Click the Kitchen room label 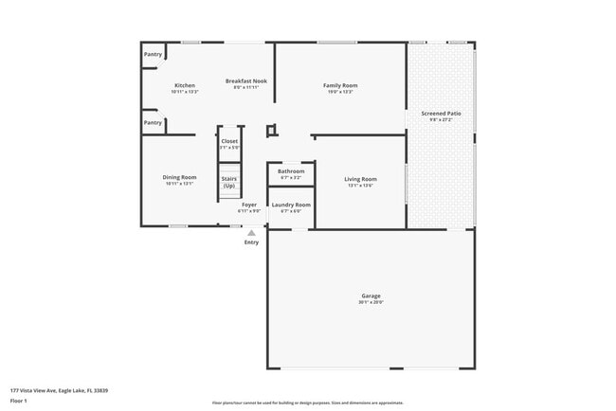click(184, 85)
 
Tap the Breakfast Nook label click(245, 80)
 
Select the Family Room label click(340, 85)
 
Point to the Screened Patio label click(442, 114)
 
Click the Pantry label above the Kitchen click(153, 55)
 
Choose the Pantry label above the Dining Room click(153, 122)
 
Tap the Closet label click(229, 141)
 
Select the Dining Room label click(179, 177)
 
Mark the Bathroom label click(291, 170)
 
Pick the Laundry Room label click(291, 205)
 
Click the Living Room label click(360, 179)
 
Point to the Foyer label click(249, 205)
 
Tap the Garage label click(371, 295)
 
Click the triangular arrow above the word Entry click(251, 231)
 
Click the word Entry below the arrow click(251, 242)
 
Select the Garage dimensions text click(371, 303)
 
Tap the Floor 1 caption click(19, 401)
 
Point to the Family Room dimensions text click(340, 92)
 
